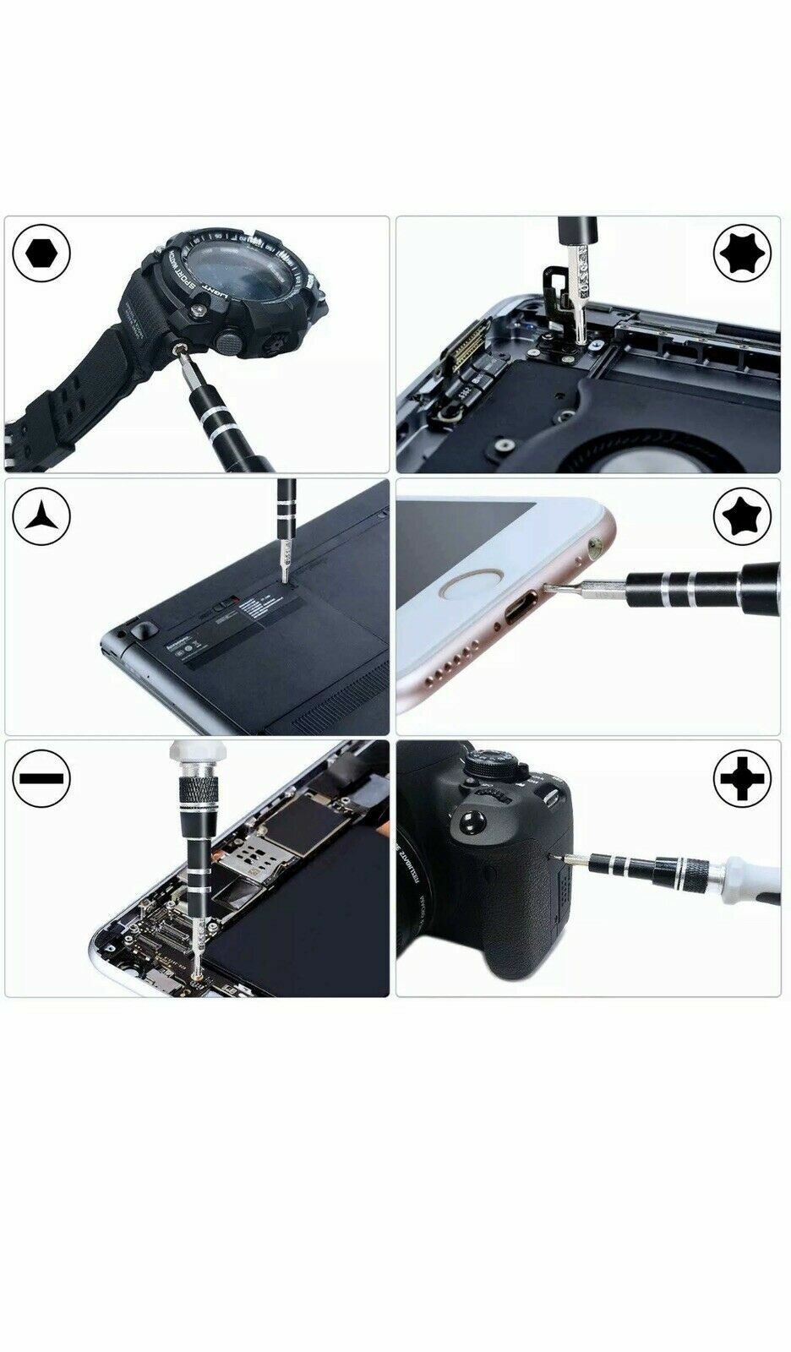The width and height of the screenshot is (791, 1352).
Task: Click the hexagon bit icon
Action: pyautogui.click(x=41, y=253)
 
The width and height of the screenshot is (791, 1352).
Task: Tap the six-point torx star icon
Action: pyautogui.click(x=742, y=253)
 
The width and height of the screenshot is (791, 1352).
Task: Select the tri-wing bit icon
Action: pyautogui.click(x=41, y=515)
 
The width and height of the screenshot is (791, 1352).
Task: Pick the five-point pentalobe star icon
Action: pyautogui.click(x=742, y=515)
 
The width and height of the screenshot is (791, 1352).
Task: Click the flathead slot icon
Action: pyautogui.click(x=41, y=777)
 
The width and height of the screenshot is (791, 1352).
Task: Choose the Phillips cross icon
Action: pyautogui.click(x=742, y=777)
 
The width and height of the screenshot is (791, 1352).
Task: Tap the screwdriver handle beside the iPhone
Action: pyautogui.click(x=693, y=583)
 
